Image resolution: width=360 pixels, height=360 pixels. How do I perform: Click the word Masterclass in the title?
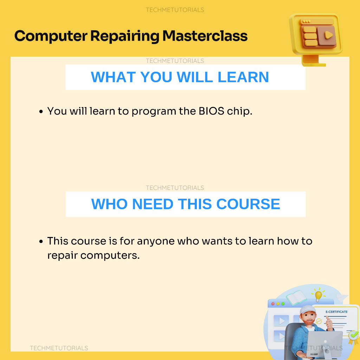coord(205,36)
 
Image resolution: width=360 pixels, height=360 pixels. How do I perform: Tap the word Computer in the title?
coord(51,37)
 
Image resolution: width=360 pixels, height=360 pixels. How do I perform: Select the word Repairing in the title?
coord(125,37)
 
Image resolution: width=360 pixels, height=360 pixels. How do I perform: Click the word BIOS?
coord(211,111)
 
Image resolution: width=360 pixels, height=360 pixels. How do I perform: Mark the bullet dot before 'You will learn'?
coord(41,111)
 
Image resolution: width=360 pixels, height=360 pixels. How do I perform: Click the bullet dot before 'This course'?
coord(41,241)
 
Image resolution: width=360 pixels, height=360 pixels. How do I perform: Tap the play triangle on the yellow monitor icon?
coord(328,35)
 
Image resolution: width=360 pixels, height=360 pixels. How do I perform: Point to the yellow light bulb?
coord(319,295)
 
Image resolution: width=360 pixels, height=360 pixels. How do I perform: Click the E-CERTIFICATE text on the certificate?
coord(336,312)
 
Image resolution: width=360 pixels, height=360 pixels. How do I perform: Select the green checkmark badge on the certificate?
coord(354,335)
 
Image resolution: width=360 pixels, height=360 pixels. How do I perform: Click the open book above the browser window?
coord(296,297)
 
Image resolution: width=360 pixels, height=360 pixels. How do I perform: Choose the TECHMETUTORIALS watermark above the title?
coord(175,10)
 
